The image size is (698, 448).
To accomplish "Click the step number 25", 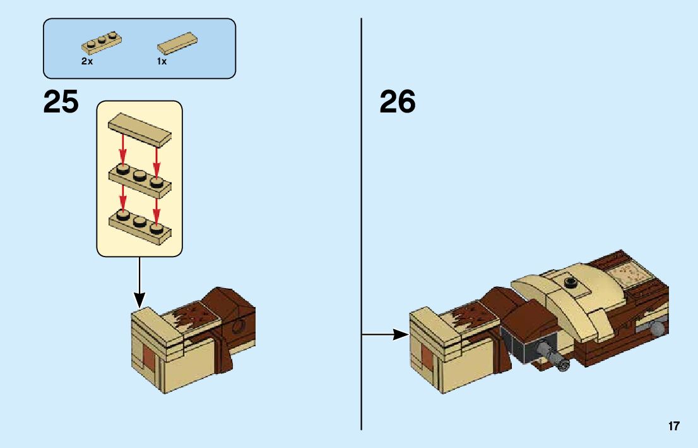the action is click(x=61, y=102).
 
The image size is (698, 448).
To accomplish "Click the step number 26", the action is click(x=398, y=102).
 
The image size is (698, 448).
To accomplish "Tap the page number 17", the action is click(x=674, y=427).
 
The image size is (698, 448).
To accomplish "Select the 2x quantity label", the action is click(x=86, y=62).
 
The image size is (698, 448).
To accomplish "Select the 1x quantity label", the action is click(x=162, y=62).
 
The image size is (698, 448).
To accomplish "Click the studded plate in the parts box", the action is click(x=101, y=42).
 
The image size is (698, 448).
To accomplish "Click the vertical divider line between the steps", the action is click(x=362, y=221).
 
